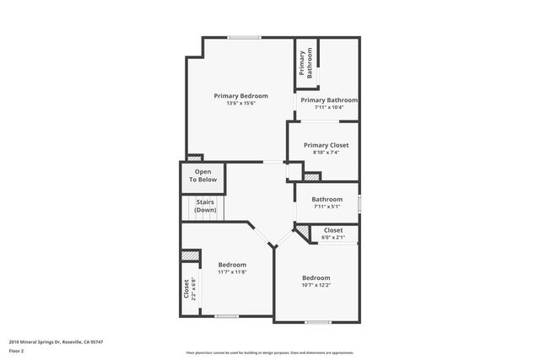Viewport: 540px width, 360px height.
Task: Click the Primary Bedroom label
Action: [240, 96]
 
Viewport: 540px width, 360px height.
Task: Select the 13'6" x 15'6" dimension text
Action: [240, 104]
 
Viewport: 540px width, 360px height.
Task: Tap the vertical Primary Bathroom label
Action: [305, 64]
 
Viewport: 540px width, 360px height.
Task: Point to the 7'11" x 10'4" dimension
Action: [327, 107]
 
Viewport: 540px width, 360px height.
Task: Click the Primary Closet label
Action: [326, 145]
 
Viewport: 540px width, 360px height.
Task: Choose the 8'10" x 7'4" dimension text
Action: [326, 153]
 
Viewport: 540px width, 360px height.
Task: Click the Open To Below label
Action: [202, 175]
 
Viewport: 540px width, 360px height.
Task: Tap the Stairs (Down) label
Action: [205, 206]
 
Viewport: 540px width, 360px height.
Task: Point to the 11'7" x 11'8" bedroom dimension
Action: [232, 271]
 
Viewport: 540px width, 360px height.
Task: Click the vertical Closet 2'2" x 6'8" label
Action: [189, 289]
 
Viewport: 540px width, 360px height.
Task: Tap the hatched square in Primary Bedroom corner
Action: [195, 157]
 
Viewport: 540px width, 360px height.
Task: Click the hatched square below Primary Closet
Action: [312, 177]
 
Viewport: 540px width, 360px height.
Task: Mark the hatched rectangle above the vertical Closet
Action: [191, 255]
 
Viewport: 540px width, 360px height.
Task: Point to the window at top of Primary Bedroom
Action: [244, 36]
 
